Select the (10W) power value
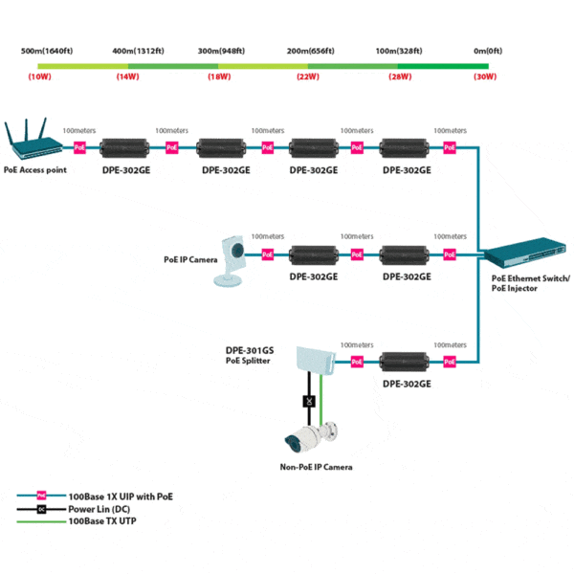(40, 76)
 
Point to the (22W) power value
(308, 76)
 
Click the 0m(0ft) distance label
(487, 50)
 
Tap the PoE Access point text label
(35, 168)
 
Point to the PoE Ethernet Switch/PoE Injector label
(528, 283)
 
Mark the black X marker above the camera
(309, 401)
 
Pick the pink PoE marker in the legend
(41, 497)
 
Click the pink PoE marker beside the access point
(79, 148)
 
